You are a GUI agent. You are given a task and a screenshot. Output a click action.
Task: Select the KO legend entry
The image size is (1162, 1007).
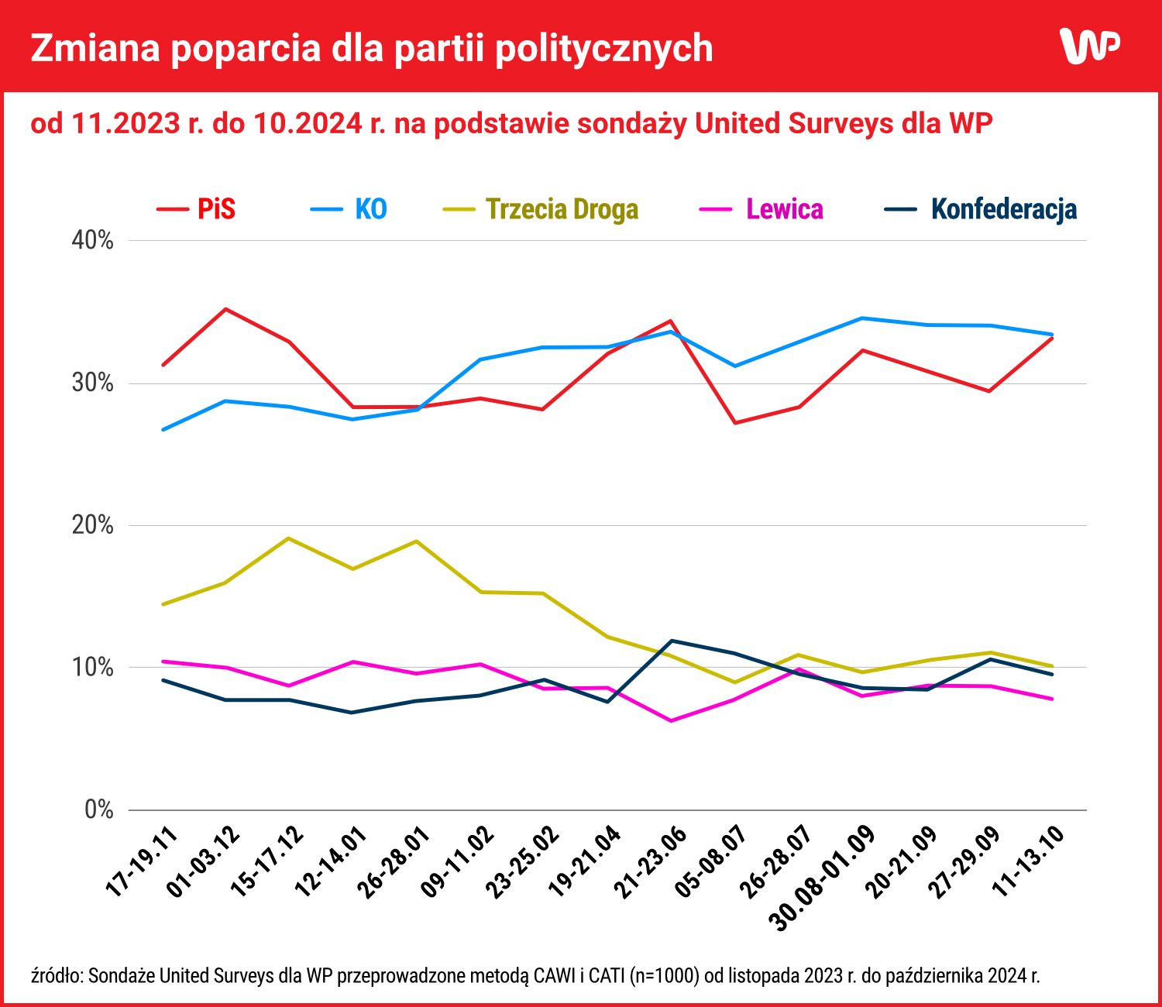349,209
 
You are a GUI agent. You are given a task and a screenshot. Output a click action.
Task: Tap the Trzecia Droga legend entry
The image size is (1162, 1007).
541,209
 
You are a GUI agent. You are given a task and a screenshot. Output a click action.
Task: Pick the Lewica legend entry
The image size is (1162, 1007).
762,209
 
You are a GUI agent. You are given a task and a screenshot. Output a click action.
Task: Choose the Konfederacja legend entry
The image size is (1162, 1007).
982,209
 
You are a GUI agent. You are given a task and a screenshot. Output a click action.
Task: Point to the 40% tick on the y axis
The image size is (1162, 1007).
93,240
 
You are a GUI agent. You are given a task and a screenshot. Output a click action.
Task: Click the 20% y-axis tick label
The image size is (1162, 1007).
93,525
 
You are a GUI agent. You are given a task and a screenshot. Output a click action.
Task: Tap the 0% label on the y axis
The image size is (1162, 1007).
99,810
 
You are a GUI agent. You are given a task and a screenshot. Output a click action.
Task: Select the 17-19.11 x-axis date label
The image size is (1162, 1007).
142,862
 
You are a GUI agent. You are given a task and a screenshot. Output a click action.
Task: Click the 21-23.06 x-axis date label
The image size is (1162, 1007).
650,862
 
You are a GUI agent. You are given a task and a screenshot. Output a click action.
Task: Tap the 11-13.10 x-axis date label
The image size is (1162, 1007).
1030,862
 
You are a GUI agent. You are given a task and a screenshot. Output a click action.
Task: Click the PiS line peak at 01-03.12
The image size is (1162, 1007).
225,309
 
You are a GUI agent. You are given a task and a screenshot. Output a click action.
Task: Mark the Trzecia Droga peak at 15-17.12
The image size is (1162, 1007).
289,538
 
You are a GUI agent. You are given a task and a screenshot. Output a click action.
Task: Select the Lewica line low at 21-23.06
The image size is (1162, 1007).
671,721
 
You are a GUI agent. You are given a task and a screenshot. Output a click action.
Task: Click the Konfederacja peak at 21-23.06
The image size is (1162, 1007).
671,641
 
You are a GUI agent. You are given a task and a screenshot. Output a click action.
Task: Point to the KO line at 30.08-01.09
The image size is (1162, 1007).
862,318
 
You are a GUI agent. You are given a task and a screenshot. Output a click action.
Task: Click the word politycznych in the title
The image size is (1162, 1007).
603,48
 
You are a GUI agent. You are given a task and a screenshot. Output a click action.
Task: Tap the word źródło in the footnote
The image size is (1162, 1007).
56,975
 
